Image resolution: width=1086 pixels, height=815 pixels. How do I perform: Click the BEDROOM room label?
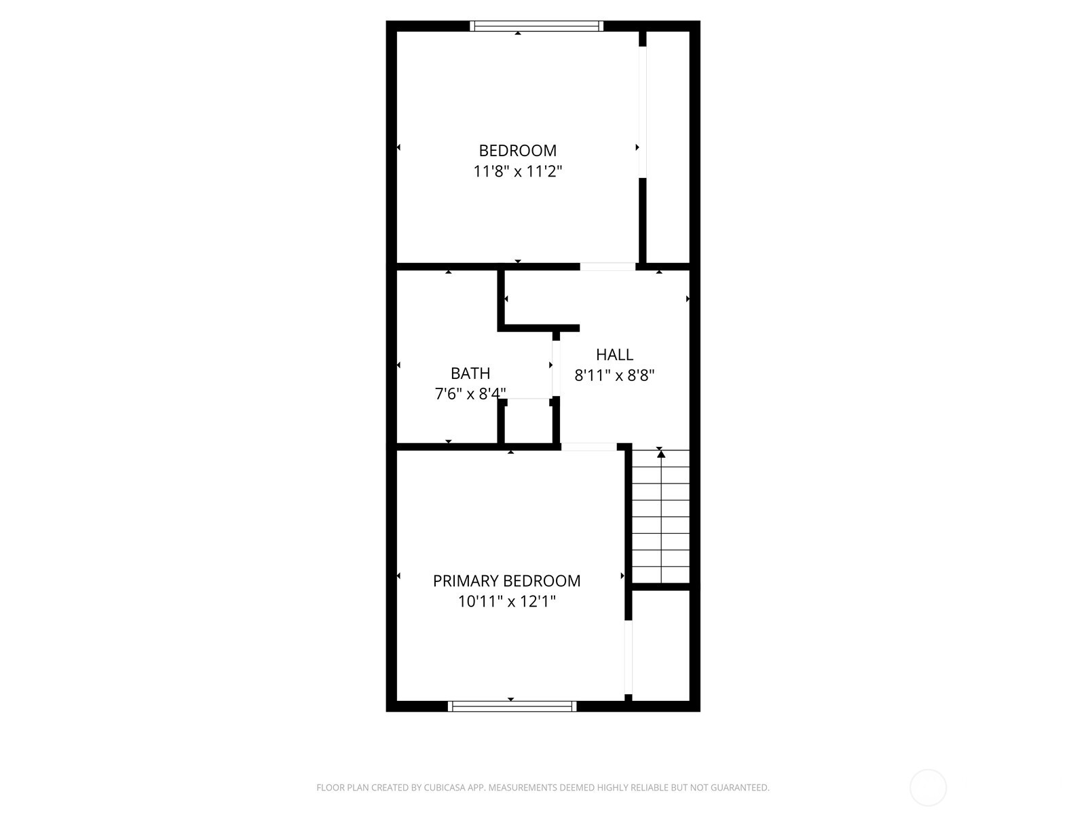click(x=517, y=150)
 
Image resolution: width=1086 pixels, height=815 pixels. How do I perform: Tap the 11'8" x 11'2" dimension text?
click(x=517, y=171)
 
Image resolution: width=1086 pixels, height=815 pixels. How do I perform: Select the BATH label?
click(x=470, y=373)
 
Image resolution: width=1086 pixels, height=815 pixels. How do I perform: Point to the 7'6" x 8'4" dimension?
click(x=470, y=394)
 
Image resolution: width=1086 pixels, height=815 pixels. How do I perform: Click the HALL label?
click(x=614, y=354)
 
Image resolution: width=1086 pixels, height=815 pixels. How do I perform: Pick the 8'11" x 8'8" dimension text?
click(x=614, y=375)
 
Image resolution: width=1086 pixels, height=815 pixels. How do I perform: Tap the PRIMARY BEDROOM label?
click(x=506, y=581)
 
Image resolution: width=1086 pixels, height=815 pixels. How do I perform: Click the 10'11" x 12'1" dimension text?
click(x=506, y=602)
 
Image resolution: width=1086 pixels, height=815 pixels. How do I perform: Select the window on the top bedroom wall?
click(x=536, y=26)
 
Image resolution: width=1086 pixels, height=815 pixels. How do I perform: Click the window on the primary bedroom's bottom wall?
click(x=512, y=706)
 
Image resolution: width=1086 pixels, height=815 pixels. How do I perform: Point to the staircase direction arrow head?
click(x=661, y=454)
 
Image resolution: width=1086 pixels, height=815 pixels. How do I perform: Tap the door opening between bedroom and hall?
click(x=607, y=266)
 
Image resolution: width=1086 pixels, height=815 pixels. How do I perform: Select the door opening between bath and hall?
click(x=556, y=367)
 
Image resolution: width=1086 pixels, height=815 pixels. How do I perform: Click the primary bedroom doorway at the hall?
click(x=588, y=446)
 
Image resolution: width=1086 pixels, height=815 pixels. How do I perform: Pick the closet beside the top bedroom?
click(x=668, y=146)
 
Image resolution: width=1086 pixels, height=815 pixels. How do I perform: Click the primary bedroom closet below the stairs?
click(x=660, y=645)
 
